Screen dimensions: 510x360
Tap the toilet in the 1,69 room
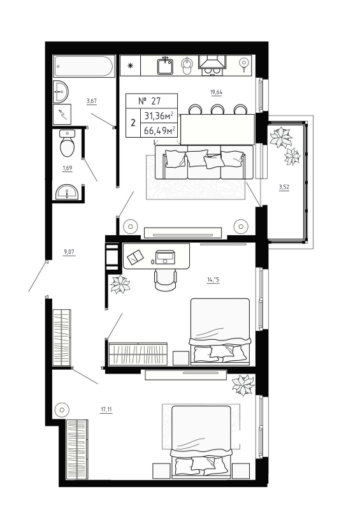[67, 145]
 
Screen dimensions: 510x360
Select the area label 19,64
[216, 92]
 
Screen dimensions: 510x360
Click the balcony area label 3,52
[284, 187]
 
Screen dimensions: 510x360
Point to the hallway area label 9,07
[69, 252]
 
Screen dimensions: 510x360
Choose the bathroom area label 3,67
[92, 100]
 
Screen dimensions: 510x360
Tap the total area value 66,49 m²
[160, 131]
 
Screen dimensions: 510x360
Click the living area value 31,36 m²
[159, 115]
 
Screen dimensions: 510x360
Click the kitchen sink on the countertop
[166, 65]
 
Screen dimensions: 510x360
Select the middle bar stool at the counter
[217, 110]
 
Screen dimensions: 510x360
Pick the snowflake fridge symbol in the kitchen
[130, 65]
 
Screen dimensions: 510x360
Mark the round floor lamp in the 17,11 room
[62, 409]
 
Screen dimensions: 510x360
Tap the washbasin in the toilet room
[66, 191]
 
